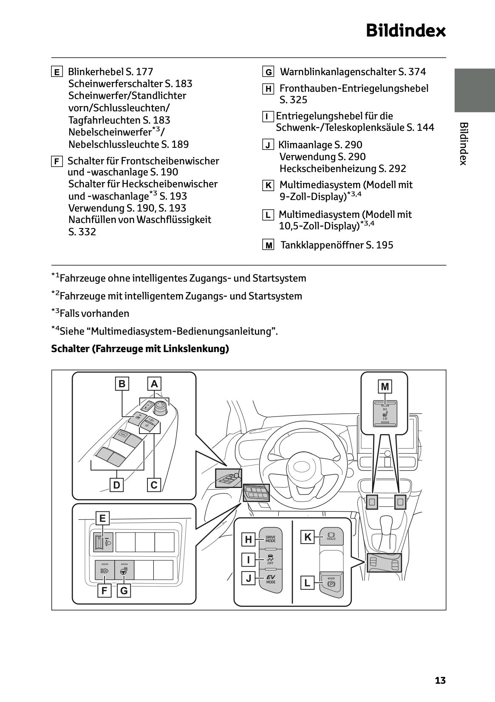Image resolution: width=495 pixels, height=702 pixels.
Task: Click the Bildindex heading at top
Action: pyautogui.click(x=406, y=31)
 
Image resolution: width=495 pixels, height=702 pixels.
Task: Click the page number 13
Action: pyautogui.click(x=440, y=680)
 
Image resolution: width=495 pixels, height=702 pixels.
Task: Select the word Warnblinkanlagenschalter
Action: pyautogui.click(x=338, y=72)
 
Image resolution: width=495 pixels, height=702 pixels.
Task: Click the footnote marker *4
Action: pyautogui.click(x=55, y=330)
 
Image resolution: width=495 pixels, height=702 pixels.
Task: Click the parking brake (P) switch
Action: pyautogui.click(x=331, y=583)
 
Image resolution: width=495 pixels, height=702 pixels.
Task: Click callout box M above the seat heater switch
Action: pyautogui.click(x=385, y=386)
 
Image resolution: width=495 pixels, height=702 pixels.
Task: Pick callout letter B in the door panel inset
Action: pyautogui.click(x=122, y=384)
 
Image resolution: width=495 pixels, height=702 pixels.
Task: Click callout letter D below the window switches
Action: pyautogui.click(x=116, y=485)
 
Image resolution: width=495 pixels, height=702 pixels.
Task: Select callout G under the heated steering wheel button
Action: pyautogui.click(x=124, y=590)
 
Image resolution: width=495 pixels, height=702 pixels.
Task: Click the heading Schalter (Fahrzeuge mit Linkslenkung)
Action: pyautogui.click(x=140, y=349)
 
